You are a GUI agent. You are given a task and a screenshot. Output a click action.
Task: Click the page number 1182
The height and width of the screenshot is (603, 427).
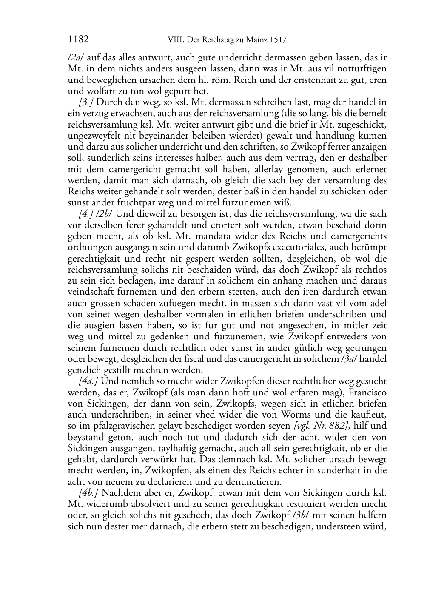[78, 40]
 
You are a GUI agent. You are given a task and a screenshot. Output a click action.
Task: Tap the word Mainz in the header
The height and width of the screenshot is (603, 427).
[256, 40]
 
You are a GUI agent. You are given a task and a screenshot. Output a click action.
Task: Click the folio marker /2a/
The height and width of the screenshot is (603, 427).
[74, 57]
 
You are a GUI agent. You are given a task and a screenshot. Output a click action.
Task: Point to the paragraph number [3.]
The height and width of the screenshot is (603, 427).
[86, 102]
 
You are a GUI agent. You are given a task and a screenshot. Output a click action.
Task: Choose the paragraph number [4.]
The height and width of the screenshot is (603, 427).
[86, 214]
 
